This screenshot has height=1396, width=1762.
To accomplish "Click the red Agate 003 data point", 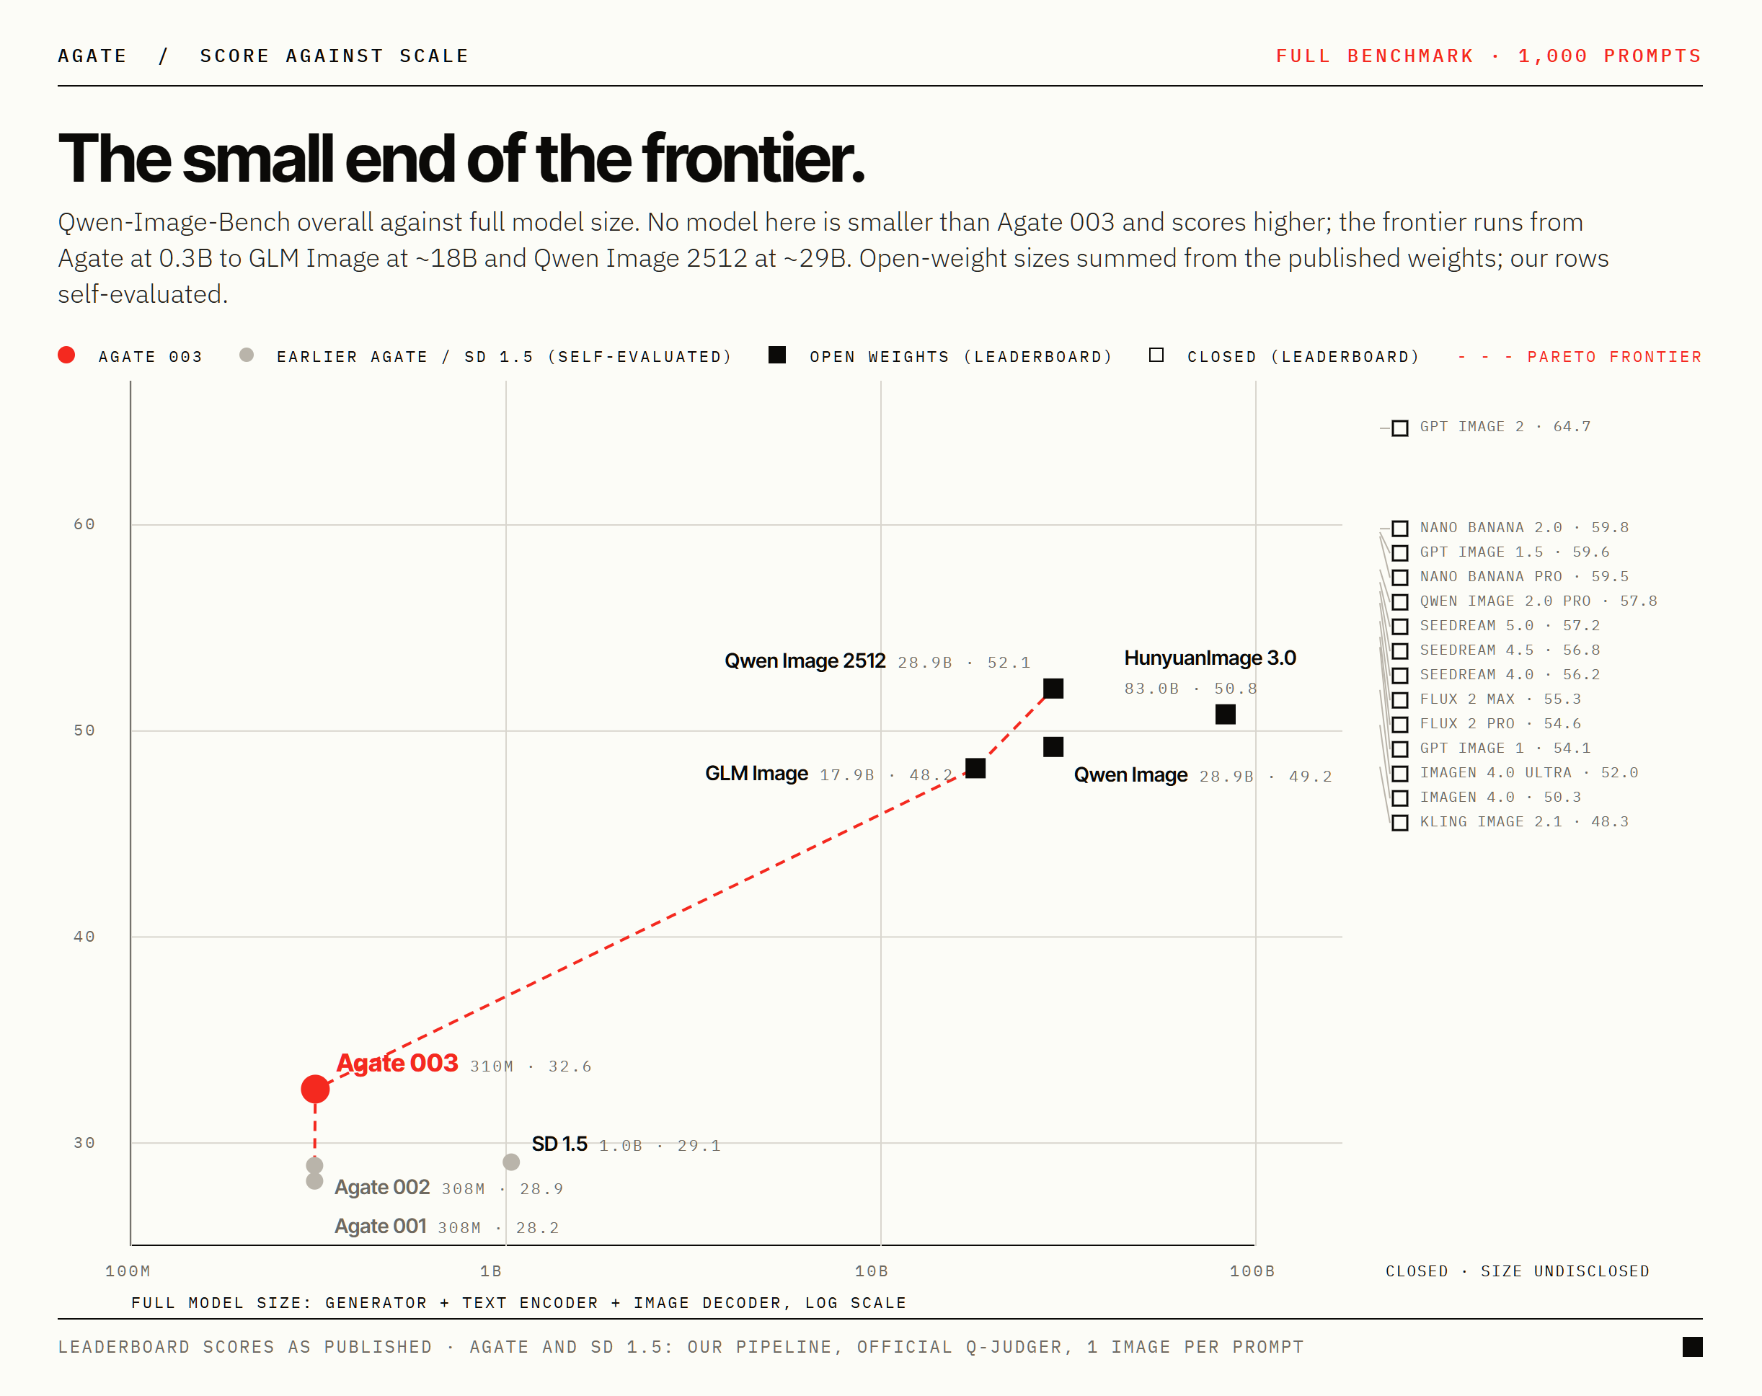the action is click(314, 1089).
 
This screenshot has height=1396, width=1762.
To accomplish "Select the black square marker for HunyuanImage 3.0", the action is click(1225, 715).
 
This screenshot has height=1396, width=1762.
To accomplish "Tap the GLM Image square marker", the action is click(975, 768).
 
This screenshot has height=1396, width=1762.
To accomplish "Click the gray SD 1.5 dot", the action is click(510, 1162).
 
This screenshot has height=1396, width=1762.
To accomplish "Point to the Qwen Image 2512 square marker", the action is click(1053, 688).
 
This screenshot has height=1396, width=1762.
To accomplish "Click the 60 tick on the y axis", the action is click(84, 524).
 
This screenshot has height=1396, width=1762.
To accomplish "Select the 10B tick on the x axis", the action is click(871, 1271).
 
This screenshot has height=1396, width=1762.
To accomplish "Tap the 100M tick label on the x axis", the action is click(128, 1271).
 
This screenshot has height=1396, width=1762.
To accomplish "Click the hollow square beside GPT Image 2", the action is click(1400, 428).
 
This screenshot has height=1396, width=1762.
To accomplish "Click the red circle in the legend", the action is click(67, 355).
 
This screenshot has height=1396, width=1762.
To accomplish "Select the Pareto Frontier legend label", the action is click(1614, 357).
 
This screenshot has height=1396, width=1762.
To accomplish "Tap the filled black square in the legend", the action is click(777, 355).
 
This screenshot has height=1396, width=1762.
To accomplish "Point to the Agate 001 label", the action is click(380, 1226).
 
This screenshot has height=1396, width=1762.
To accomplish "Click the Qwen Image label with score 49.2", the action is click(1130, 775).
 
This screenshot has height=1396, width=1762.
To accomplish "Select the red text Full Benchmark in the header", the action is click(1375, 56).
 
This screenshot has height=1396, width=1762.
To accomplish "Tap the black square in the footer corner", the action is click(1693, 1347).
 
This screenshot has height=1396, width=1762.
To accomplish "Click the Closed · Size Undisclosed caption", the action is click(1518, 1271).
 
